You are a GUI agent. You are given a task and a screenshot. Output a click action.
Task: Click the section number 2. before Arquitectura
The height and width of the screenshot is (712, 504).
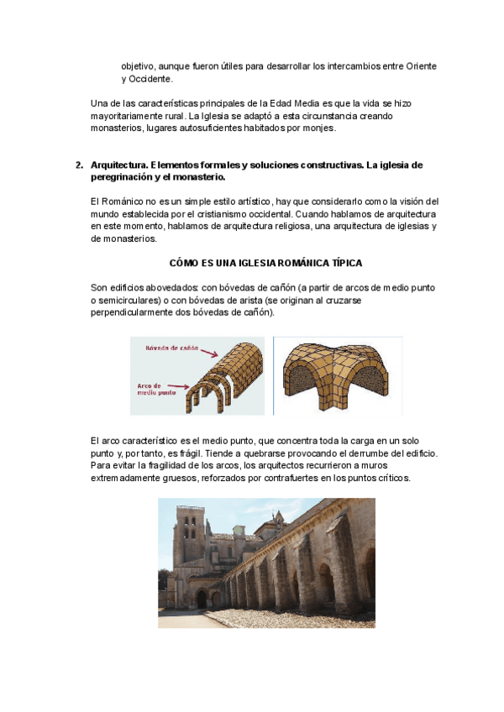pos(79,165)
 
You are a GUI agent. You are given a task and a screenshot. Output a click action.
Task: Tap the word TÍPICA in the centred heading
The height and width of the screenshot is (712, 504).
pos(345,263)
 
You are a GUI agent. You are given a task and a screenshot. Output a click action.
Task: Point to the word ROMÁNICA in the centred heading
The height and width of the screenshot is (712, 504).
pos(296,263)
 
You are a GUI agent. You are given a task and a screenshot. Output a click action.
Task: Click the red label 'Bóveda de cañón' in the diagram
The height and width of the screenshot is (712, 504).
pos(171,348)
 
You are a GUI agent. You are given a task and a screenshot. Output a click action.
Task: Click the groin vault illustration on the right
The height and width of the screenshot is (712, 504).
pos(336,375)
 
